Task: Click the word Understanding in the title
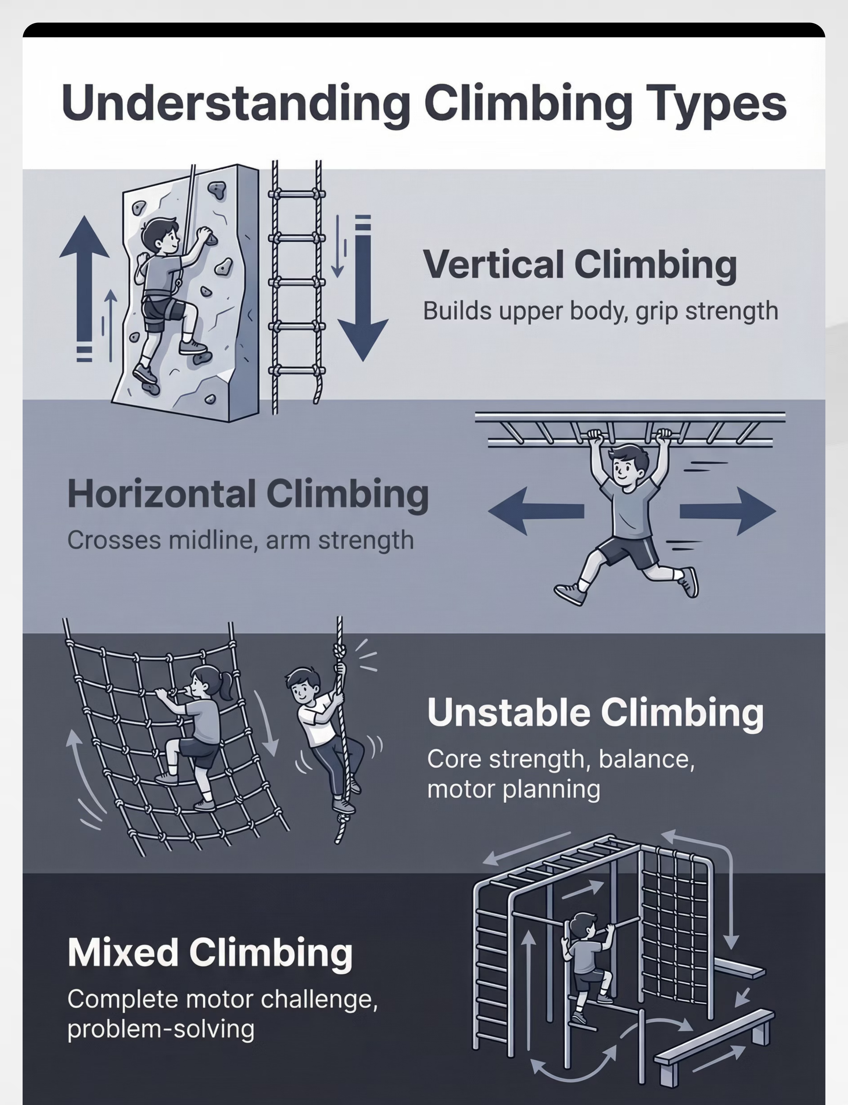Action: (x=236, y=102)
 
